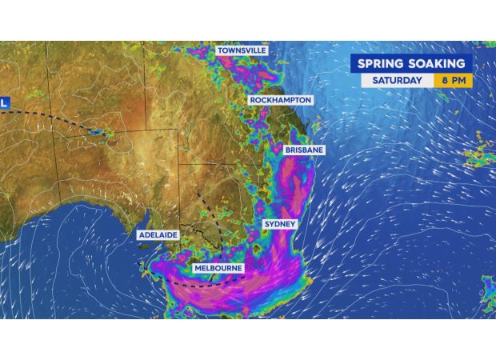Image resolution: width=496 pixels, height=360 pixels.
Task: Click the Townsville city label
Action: click(x=242, y=50)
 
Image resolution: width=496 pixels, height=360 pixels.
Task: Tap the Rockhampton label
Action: click(x=280, y=100)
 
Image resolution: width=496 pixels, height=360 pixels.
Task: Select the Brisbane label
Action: click(x=304, y=150)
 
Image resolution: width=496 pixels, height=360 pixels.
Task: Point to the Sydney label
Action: click(x=280, y=224)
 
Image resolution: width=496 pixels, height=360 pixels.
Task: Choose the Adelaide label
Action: click(x=158, y=235)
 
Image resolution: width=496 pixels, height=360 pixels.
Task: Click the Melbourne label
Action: click(x=218, y=268)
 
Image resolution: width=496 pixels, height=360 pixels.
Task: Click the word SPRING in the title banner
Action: click(x=382, y=63)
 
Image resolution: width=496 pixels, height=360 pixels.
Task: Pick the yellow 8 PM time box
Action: click(x=453, y=81)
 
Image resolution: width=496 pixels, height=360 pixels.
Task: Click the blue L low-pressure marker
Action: click(x=4, y=103)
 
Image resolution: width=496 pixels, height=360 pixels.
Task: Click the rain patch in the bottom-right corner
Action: click(x=488, y=292)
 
